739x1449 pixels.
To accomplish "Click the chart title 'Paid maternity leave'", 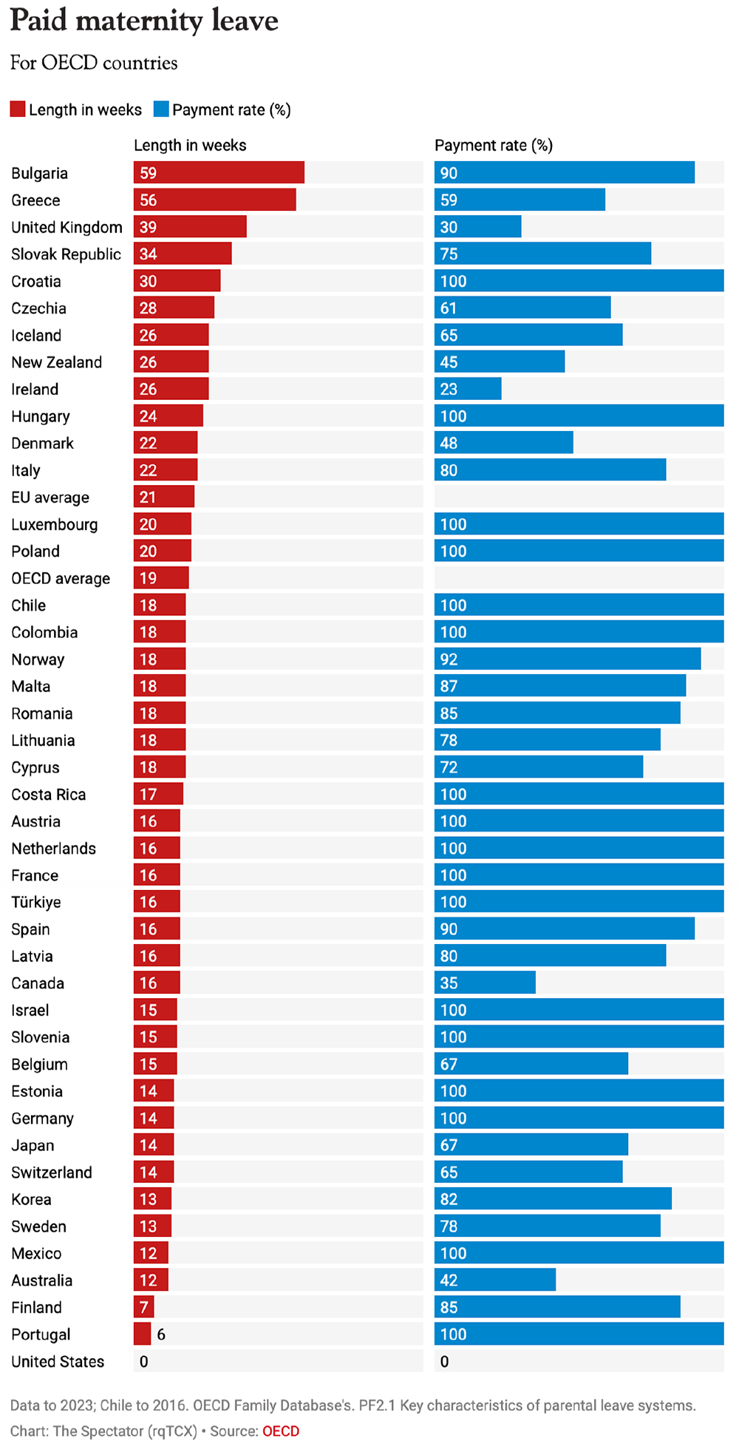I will click(144, 21).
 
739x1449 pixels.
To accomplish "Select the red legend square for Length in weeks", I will click(18, 109).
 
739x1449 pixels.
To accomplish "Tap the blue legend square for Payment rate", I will click(161, 109).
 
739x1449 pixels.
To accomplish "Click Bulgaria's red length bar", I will click(219, 173).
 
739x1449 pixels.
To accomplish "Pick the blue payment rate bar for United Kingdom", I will click(477, 227).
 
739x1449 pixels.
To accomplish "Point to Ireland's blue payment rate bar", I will click(468, 389).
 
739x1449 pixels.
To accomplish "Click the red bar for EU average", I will click(164, 497).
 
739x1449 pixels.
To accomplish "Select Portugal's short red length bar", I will click(142, 1334).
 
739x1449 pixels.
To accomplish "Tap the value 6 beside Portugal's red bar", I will click(161, 1334).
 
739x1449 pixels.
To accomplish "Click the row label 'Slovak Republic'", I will click(66, 254).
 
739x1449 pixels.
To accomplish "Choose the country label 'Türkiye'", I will click(36, 902).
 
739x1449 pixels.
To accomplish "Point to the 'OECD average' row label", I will click(61, 578).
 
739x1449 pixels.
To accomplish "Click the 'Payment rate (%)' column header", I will click(494, 146).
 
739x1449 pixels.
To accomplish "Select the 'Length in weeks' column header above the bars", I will click(190, 146).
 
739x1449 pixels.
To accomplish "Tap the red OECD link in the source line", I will click(281, 1431).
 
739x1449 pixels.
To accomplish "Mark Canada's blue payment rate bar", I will click(485, 983).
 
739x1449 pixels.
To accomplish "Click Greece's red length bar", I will click(214, 200).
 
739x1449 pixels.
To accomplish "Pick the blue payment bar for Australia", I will click(495, 1280).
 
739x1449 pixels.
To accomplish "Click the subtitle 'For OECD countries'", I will click(94, 64).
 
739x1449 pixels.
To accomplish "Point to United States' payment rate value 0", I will click(444, 1362).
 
